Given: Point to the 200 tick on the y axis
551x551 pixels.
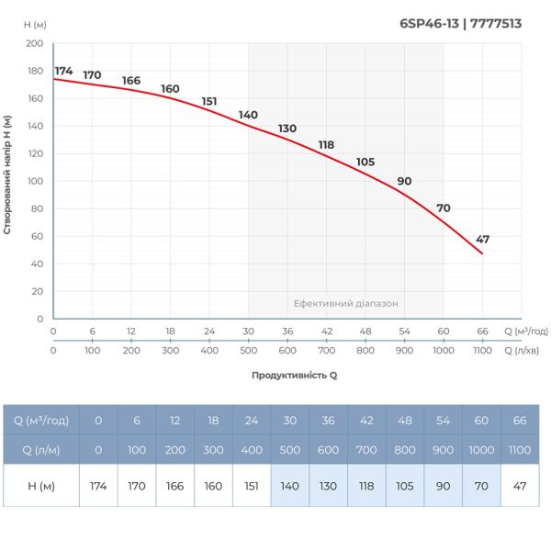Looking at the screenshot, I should (x=34, y=43).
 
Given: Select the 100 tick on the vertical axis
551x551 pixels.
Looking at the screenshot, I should (x=34, y=181).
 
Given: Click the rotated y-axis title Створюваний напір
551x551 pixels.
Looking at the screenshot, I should (x=7, y=174).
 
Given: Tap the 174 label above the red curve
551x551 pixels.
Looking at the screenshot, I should (x=63, y=71).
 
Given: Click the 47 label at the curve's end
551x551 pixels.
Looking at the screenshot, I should (x=483, y=239).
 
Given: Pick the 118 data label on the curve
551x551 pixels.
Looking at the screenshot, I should (x=326, y=144).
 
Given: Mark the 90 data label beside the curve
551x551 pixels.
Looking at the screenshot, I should (x=404, y=180).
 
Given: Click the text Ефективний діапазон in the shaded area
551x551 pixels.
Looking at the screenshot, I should (x=346, y=303).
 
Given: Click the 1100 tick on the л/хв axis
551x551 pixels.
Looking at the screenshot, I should (x=482, y=350).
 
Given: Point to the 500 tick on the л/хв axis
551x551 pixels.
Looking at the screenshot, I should (x=248, y=350).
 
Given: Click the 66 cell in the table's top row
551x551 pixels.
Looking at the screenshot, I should (x=521, y=421).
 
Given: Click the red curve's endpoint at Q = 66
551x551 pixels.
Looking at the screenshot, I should (x=482, y=253).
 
